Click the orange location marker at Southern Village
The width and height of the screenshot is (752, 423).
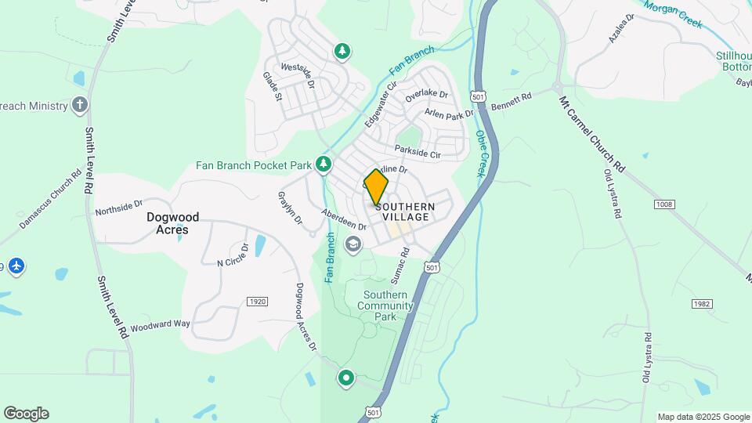376,188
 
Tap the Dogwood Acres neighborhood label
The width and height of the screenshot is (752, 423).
172,223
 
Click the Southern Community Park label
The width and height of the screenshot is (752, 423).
388,305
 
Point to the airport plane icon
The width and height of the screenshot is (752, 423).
16,266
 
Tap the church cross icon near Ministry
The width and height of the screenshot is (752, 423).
79,104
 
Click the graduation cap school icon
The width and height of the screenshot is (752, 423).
353,245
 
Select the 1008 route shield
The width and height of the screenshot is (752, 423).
663,204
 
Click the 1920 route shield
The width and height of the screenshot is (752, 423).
257,302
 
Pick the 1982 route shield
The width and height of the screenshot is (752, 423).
701,303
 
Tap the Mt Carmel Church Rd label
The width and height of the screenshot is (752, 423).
591,134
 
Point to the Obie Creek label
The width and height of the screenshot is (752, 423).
483,152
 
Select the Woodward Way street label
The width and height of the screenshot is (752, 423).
160,325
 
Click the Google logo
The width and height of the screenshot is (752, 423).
26,414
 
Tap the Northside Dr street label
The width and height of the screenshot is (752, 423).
118,207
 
